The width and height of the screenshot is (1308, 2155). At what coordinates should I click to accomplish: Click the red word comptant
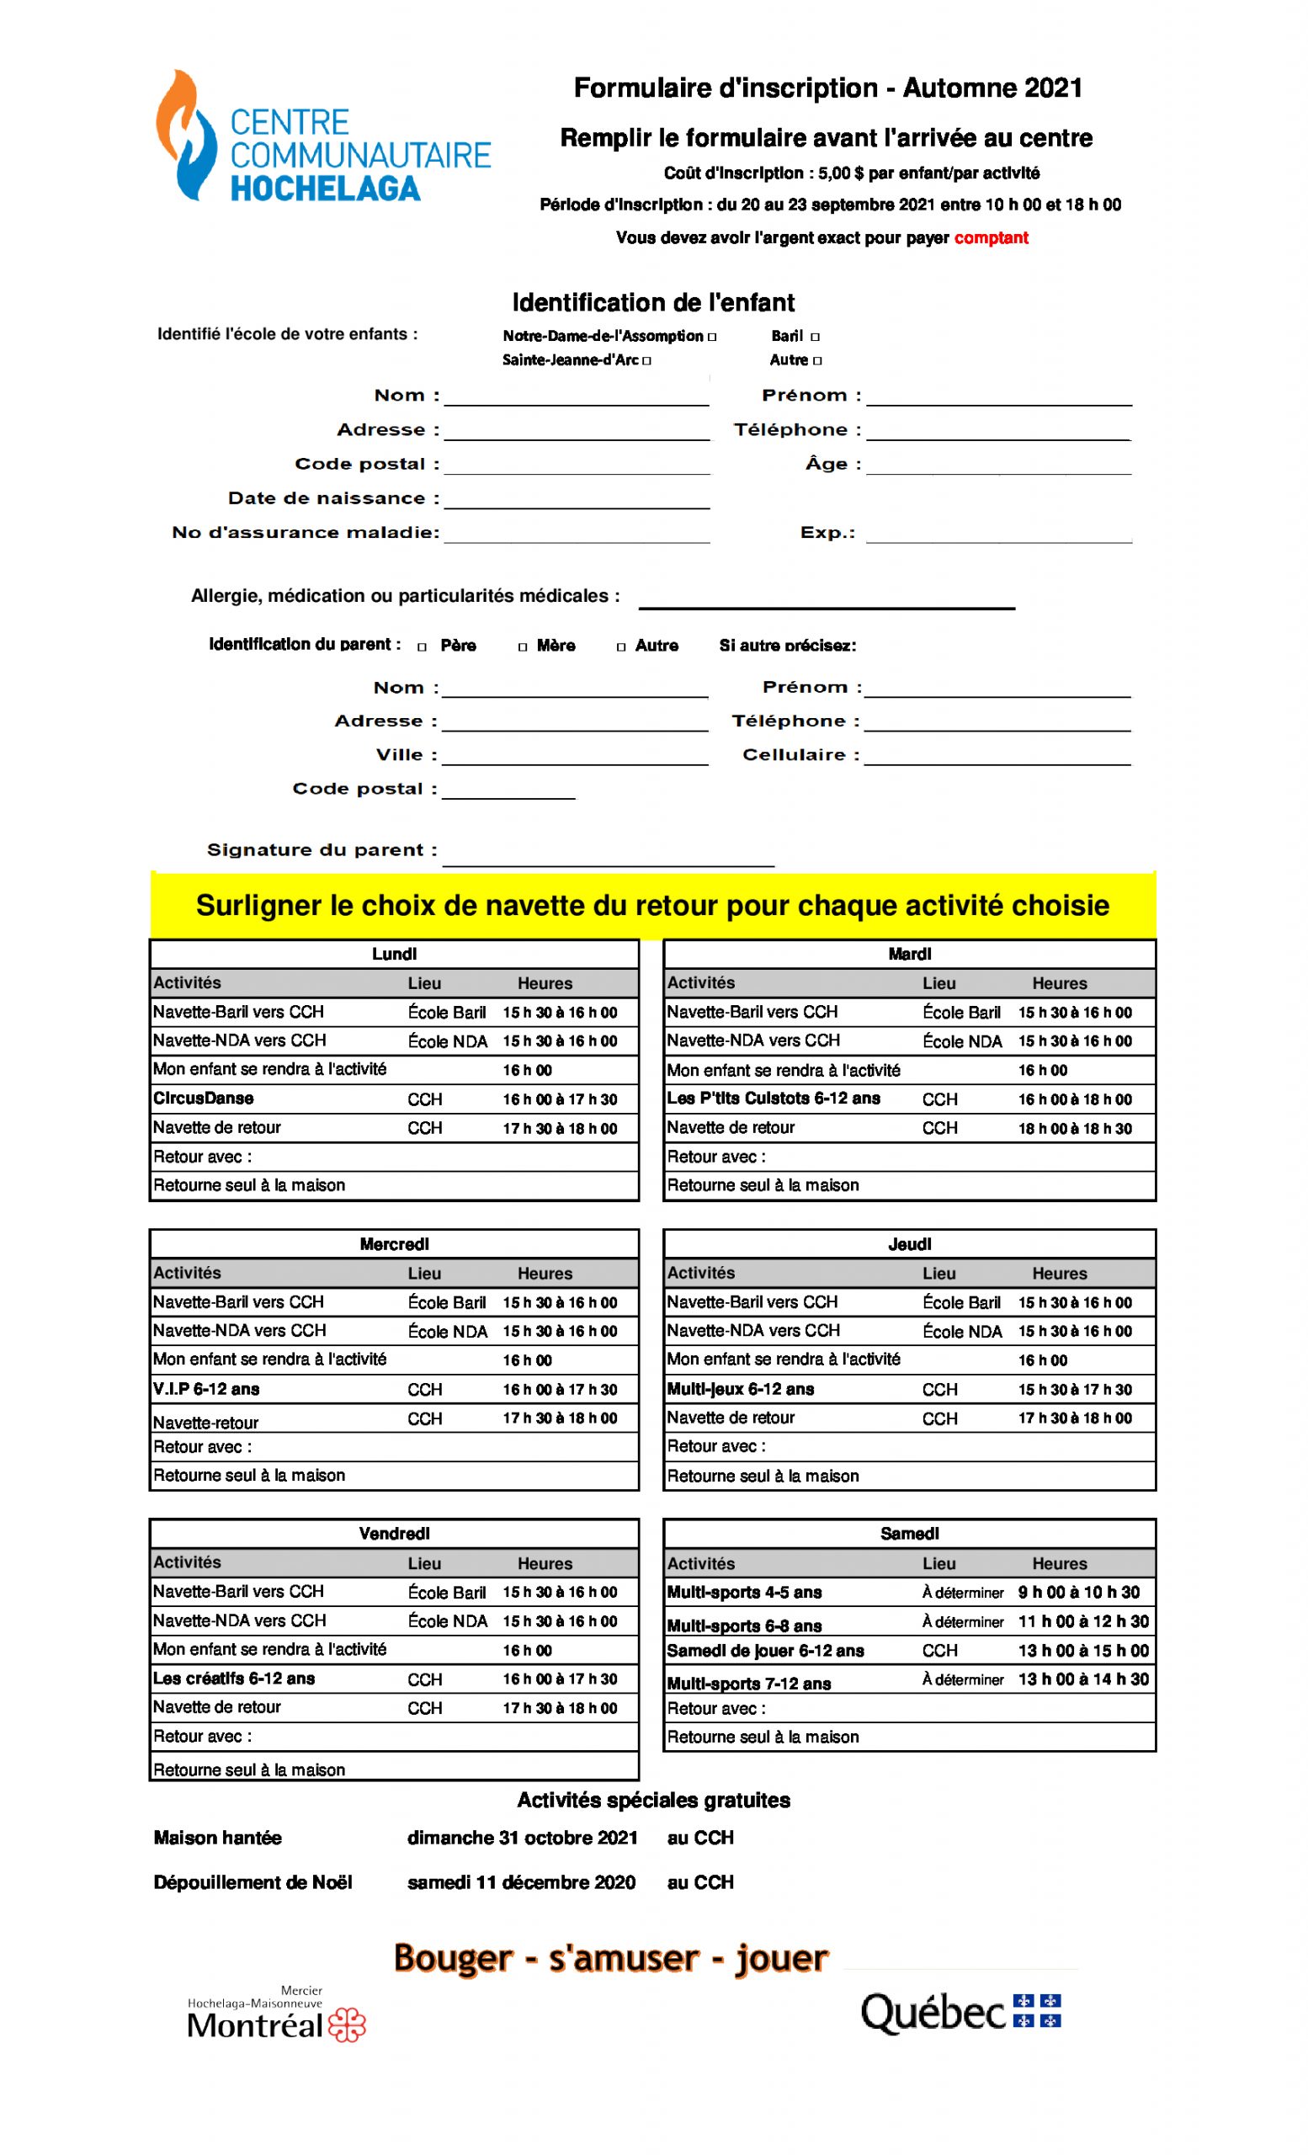(991, 238)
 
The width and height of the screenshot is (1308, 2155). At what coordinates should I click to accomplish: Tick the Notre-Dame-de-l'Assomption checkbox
(712, 337)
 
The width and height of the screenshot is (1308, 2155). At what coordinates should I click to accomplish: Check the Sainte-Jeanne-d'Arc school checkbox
(646, 360)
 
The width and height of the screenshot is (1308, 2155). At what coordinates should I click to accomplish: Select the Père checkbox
(423, 647)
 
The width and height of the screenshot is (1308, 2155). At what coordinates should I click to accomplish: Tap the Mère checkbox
(523, 647)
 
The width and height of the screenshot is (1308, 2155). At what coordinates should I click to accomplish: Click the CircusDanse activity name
(204, 1099)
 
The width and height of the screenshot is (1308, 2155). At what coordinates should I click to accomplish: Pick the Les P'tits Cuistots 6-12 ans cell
(773, 1099)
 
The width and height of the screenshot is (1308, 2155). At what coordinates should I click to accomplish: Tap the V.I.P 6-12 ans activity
(206, 1389)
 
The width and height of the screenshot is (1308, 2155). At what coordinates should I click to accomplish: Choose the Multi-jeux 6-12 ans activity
(740, 1389)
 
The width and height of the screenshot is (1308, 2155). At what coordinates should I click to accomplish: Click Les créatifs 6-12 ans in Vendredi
(233, 1679)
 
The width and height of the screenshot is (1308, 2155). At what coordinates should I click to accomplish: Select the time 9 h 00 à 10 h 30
(1082, 1592)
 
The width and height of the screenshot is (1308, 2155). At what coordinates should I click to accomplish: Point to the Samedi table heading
(909, 1533)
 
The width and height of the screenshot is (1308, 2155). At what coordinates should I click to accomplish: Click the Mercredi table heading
(394, 1243)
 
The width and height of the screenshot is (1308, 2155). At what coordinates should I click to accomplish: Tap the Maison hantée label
(218, 1838)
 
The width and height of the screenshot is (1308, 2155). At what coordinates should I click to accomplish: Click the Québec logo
(960, 2013)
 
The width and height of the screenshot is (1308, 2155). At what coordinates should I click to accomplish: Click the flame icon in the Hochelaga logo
(185, 136)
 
